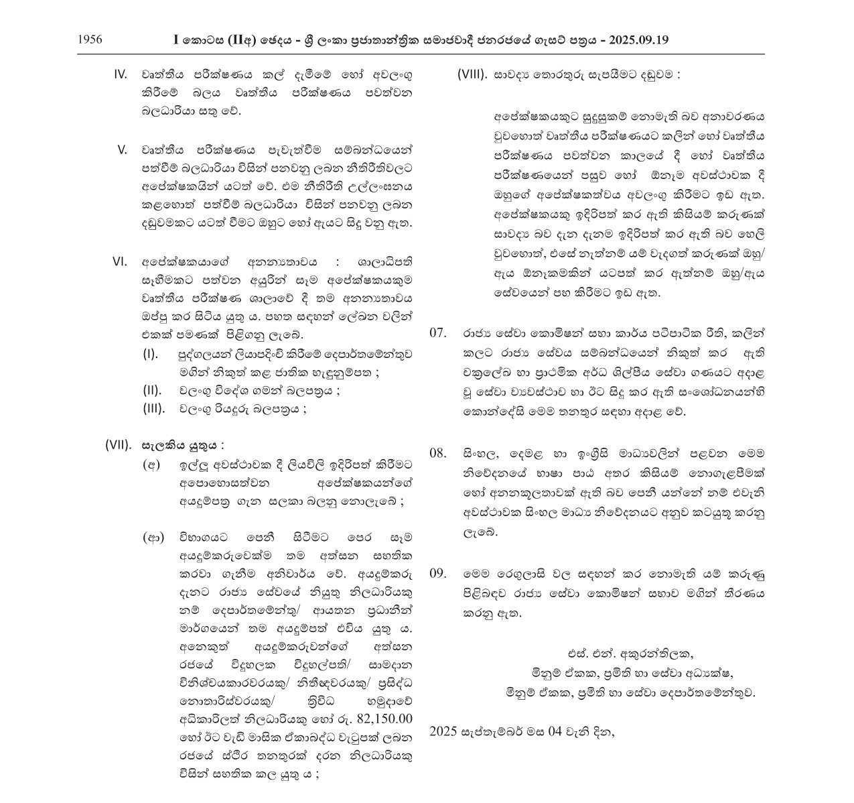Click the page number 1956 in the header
[90, 40]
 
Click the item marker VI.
[120, 261]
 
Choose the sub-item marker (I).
[151, 353]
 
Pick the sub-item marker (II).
[153, 390]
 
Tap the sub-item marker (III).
[154, 409]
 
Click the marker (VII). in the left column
[119, 445]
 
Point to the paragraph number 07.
[438, 332]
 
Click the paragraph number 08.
[438, 453]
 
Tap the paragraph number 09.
[438, 574]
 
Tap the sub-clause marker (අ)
[153, 465]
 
